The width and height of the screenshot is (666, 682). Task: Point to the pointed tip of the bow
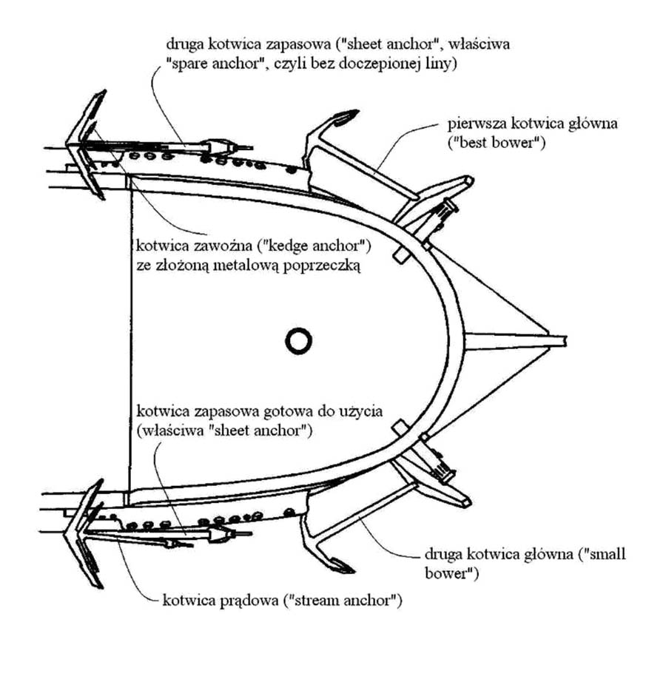[565, 340]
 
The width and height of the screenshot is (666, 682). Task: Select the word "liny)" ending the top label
[442, 64]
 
